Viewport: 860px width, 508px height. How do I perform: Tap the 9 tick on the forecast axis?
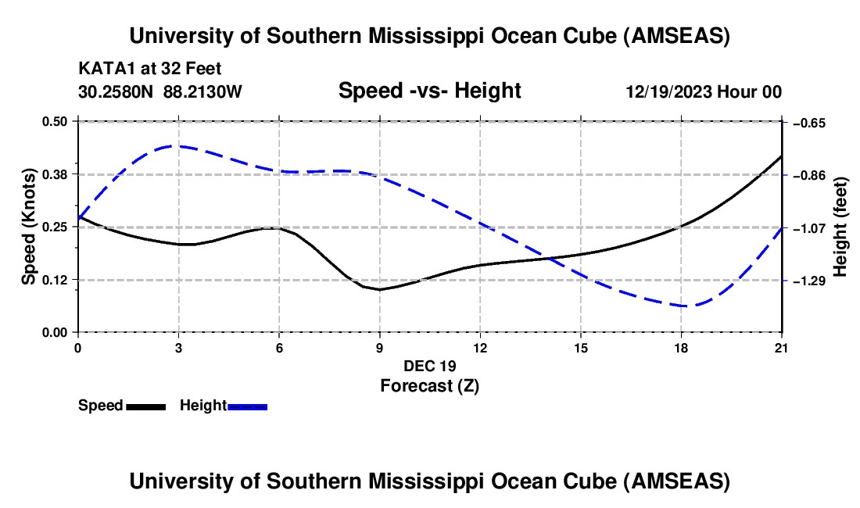380,346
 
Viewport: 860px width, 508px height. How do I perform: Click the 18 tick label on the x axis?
682,346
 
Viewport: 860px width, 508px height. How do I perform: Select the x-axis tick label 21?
782,346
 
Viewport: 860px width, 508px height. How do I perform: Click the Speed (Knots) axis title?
29,227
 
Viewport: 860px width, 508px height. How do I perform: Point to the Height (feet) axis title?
840,227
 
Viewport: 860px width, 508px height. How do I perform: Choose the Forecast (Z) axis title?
429,385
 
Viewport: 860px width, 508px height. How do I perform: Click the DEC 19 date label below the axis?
429,366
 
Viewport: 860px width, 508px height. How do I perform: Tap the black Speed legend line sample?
145,406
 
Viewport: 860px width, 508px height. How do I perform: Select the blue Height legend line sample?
247,406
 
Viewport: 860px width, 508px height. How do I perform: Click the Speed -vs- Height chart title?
429,91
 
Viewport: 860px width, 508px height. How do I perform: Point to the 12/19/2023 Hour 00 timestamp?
704,92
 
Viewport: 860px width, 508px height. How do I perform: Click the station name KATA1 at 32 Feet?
155,69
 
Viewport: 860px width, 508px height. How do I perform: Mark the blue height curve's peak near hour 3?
179,145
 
